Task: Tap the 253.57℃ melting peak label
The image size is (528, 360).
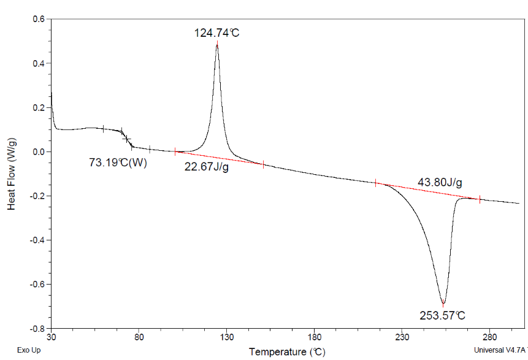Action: [443, 316]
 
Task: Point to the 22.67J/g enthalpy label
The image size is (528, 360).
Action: [207, 166]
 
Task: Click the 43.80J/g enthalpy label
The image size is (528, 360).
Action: [440, 182]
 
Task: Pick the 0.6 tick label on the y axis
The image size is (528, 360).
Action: [39, 19]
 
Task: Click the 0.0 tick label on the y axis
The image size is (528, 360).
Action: [39, 151]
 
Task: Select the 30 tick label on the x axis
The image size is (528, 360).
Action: [52, 337]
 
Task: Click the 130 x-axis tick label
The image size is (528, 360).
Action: [227, 337]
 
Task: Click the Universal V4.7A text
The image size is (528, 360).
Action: [500, 351]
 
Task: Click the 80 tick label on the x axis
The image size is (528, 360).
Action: [139, 337]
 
